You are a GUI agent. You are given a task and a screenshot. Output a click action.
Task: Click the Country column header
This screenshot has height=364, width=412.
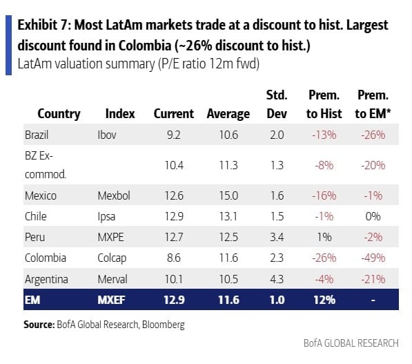point(59,114)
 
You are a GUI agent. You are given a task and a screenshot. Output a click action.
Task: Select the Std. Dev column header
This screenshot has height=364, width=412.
point(277,104)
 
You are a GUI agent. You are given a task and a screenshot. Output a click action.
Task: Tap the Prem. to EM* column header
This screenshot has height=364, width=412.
point(373,104)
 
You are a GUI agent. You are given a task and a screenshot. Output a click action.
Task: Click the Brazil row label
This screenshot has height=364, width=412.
point(38,135)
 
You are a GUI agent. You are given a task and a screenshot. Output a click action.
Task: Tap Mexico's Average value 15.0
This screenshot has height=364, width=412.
point(228,195)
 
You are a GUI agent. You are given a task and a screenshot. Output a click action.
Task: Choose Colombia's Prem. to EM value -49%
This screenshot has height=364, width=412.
point(373,258)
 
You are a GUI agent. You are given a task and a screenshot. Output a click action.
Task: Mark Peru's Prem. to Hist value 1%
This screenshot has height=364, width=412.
point(324,237)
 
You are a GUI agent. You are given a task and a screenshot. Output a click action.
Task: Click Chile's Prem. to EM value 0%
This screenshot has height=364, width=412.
point(373,216)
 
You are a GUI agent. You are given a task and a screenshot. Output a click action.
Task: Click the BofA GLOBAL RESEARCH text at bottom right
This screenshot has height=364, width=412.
point(352,343)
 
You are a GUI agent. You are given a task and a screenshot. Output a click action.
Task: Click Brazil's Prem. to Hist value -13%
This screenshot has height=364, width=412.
point(324,135)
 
